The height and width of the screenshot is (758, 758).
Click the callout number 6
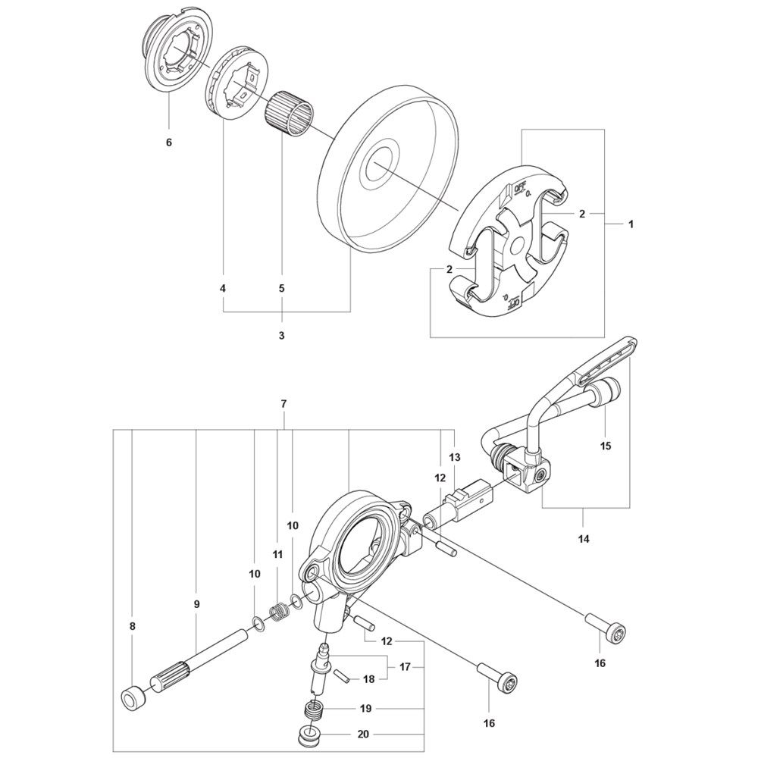[168, 143]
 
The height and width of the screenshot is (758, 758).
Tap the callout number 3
[281, 335]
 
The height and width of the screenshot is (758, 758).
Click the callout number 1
[631, 224]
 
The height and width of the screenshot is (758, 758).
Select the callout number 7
[283, 405]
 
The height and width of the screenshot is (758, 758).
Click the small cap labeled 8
[133, 697]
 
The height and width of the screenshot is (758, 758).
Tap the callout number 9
[196, 604]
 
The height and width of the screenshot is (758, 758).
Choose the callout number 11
[277, 555]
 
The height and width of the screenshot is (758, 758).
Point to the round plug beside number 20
[309, 735]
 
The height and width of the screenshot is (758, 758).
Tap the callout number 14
[584, 540]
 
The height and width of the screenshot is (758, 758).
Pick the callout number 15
[606, 446]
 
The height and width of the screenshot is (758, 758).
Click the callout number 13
[455, 457]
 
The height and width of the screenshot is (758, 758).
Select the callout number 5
[281, 288]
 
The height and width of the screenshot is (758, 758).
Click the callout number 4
[223, 288]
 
